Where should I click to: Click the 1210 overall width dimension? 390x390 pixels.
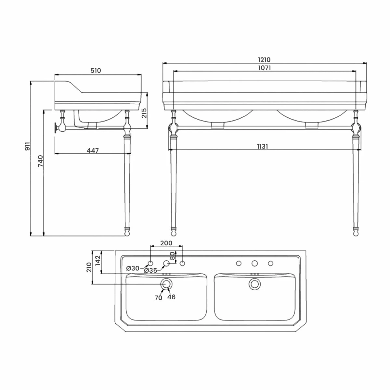click(x=264, y=60)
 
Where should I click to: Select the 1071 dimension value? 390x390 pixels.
click(x=264, y=68)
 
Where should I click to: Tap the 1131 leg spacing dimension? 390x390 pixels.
click(x=262, y=146)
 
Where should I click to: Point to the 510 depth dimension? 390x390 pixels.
click(x=96, y=71)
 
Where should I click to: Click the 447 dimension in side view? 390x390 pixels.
click(x=93, y=150)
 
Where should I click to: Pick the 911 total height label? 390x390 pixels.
click(x=28, y=146)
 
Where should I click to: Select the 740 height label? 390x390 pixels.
click(x=40, y=161)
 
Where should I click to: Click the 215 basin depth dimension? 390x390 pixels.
click(x=145, y=112)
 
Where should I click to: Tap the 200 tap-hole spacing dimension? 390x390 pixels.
click(x=166, y=243)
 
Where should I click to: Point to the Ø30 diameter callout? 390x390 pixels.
click(x=133, y=268)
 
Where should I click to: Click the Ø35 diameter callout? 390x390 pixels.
click(x=150, y=270)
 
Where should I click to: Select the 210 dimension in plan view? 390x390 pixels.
click(x=88, y=268)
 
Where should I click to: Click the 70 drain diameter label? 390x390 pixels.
click(x=158, y=297)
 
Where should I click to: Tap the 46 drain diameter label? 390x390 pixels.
click(x=171, y=297)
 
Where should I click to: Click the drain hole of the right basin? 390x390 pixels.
click(x=254, y=284)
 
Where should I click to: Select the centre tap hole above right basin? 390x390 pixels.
click(x=254, y=263)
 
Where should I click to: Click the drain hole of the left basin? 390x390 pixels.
click(x=166, y=284)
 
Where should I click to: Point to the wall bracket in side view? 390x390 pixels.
click(x=59, y=127)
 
